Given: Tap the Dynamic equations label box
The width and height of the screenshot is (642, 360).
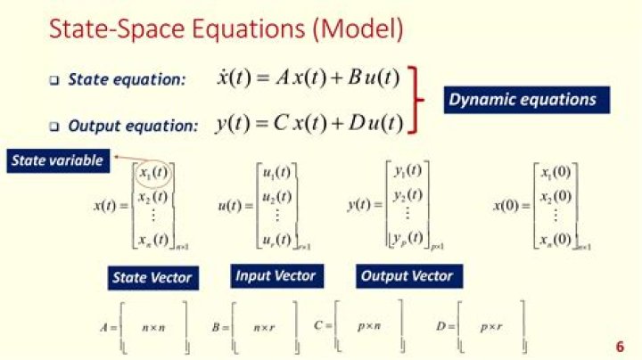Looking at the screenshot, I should point(522,99).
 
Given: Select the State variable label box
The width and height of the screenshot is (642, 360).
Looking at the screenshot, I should point(56,160).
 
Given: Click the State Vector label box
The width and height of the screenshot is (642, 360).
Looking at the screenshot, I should point(152,278).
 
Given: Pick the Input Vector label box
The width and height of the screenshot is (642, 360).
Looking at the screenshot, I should point(275,276).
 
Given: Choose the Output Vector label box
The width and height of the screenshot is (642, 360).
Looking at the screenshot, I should point(407,276).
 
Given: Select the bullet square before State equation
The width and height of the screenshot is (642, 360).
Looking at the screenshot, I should point(53,81).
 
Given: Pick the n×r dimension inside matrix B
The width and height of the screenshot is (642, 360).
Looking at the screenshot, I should point(263,328).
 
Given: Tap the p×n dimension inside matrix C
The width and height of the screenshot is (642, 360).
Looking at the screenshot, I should point(369,327).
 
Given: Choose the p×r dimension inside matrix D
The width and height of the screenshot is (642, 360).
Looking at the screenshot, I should point(491,327).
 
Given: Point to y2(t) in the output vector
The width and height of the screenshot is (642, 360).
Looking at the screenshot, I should point(408,196).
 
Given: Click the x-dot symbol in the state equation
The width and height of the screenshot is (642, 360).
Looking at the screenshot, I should point(224,78).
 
